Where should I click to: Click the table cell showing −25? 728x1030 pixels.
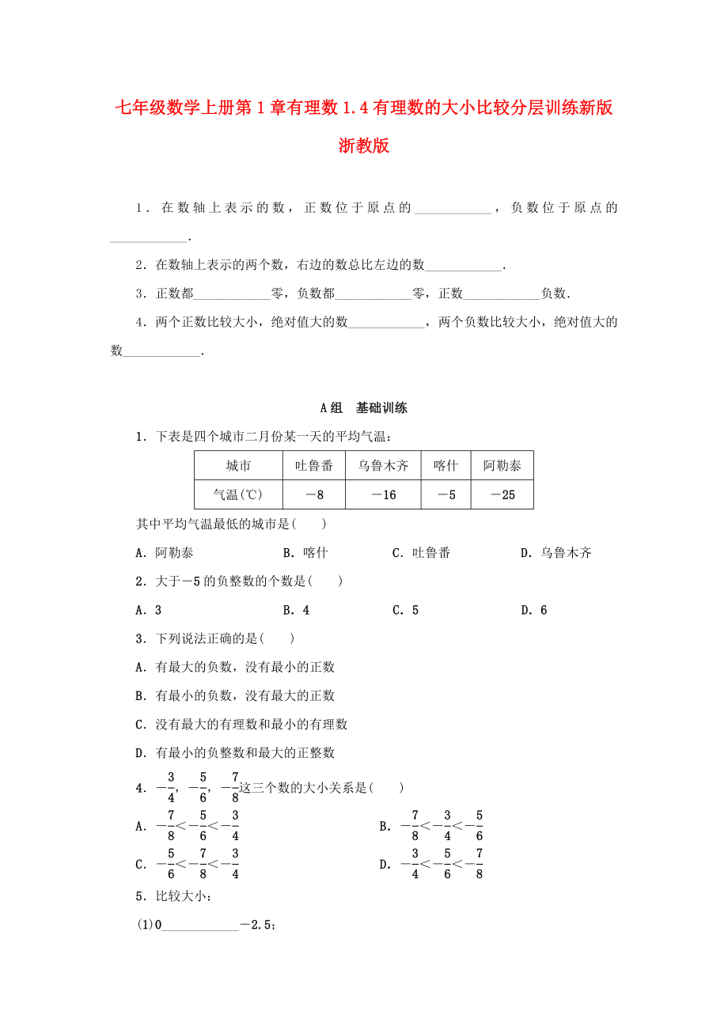tap(502, 495)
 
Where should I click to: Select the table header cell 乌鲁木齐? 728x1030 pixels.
tap(383, 466)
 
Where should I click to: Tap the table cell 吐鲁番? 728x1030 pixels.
tap(313, 466)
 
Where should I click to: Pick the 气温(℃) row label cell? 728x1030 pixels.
tap(238, 495)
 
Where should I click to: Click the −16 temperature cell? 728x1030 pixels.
tap(383, 495)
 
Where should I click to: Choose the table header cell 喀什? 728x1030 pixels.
tap(446, 466)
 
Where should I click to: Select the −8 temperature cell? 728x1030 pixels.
tap(313, 495)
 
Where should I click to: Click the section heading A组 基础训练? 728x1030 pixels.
tap(363, 408)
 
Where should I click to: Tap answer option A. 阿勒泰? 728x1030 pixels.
tap(165, 553)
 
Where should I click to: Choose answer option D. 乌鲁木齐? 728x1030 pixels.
tap(555, 553)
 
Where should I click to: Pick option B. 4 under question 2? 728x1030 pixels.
tap(296, 610)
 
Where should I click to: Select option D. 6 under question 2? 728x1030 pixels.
tap(533, 610)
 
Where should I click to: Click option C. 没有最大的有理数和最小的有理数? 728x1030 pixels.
tap(241, 724)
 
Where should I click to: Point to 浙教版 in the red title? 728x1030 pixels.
tap(363, 146)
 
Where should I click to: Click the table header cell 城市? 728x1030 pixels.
tap(238, 466)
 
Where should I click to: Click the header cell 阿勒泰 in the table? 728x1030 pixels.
tap(502, 466)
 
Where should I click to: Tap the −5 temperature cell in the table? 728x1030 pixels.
tap(446, 495)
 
